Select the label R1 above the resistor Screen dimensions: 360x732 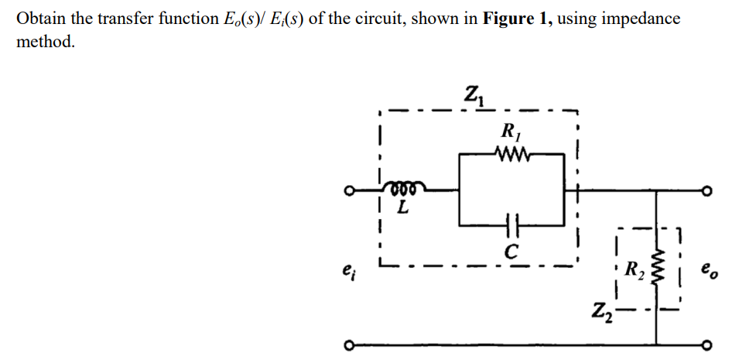pyautogui.click(x=511, y=132)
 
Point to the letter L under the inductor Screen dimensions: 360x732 pyautogui.click(x=403, y=208)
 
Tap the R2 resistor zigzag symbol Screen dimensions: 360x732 pyautogui.click(x=658, y=269)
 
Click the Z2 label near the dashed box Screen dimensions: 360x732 pyautogui.click(x=603, y=317)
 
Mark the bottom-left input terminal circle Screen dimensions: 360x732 pyautogui.click(x=351, y=345)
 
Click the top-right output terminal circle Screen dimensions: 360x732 pyautogui.click(x=705, y=190)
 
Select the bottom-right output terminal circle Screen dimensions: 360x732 pyautogui.click(x=705, y=345)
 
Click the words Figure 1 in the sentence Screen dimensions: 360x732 pyautogui.click(x=515, y=18)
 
